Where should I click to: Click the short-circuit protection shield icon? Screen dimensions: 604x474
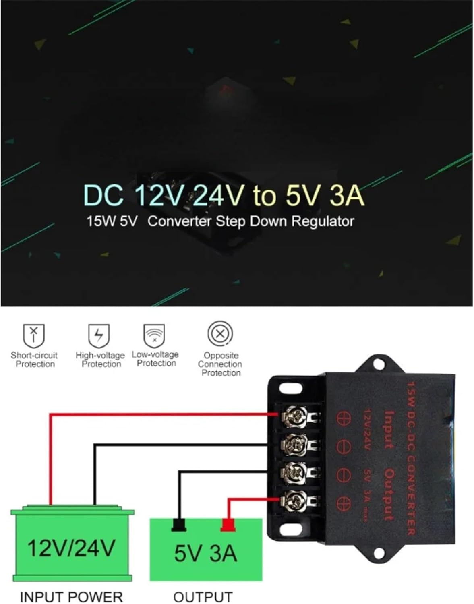(34, 335)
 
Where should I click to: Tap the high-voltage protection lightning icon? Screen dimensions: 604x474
(99, 335)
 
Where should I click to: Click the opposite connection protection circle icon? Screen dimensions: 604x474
(220, 334)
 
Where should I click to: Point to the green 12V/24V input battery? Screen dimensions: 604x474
(72, 546)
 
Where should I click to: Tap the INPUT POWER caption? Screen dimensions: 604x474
(71, 596)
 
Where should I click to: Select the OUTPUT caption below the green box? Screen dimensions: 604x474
(203, 596)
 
